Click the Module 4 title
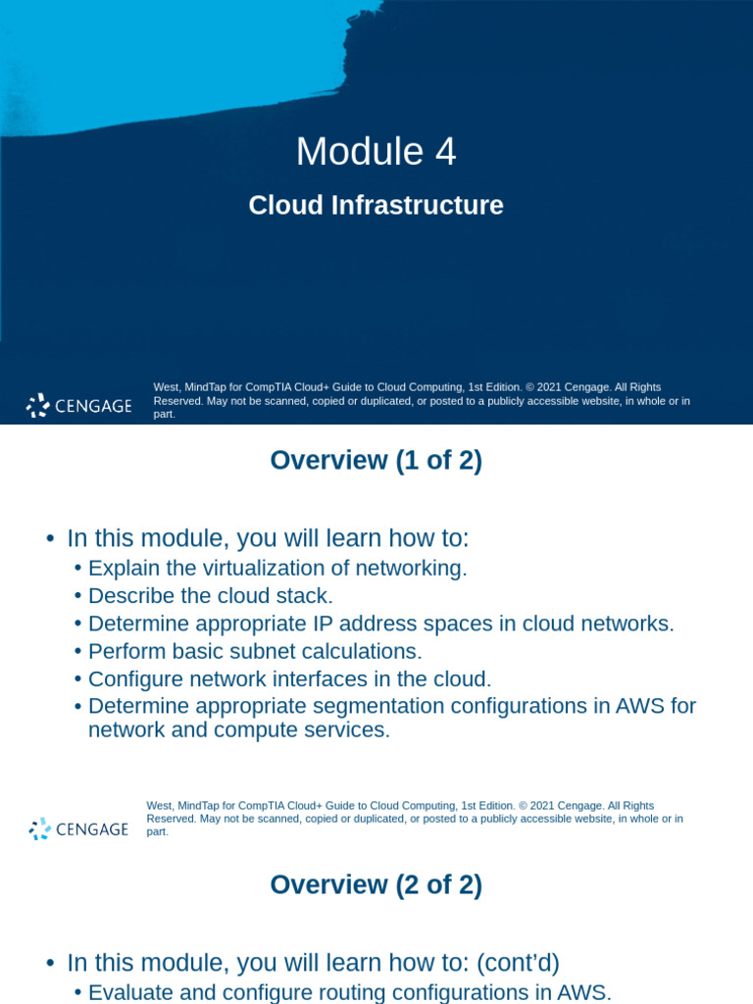[376, 152]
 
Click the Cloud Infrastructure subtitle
[376, 206]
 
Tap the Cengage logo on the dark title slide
[79, 406]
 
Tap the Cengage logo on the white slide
[79, 828]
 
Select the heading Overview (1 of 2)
[376, 461]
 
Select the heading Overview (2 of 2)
[376, 885]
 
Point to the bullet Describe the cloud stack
[211, 595]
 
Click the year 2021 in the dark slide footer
[545, 387]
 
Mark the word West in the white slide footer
[158, 806]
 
